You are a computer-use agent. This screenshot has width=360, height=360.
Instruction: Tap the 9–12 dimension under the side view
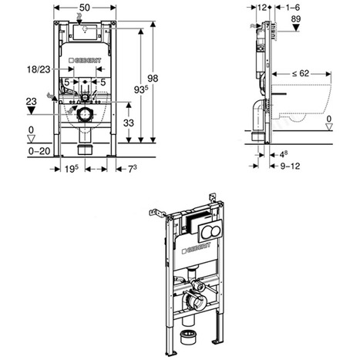point(289,165)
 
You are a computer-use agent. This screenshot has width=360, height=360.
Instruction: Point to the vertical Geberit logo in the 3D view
point(187,250)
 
